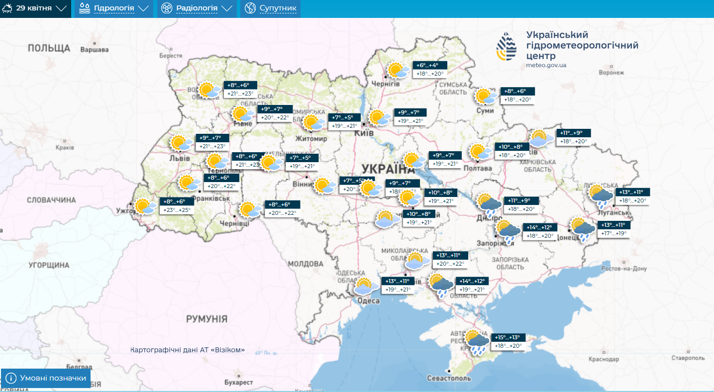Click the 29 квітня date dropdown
[x=35, y=8]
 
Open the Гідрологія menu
[x=114, y=8]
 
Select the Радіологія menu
[x=197, y=8]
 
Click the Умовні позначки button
[x=46, y=378]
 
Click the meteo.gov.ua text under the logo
[x=546, y=65]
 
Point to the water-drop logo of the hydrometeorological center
[x=507, y=47]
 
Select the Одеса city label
[x=369, y=300]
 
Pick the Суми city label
[x=485, y=110]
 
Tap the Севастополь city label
[x=449, y=378]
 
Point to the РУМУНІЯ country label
[x=206, y=319]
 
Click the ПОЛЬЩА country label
[x=49, y=48]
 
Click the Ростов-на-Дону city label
[x=624, y=269]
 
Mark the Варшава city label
[x=94, y=50]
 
